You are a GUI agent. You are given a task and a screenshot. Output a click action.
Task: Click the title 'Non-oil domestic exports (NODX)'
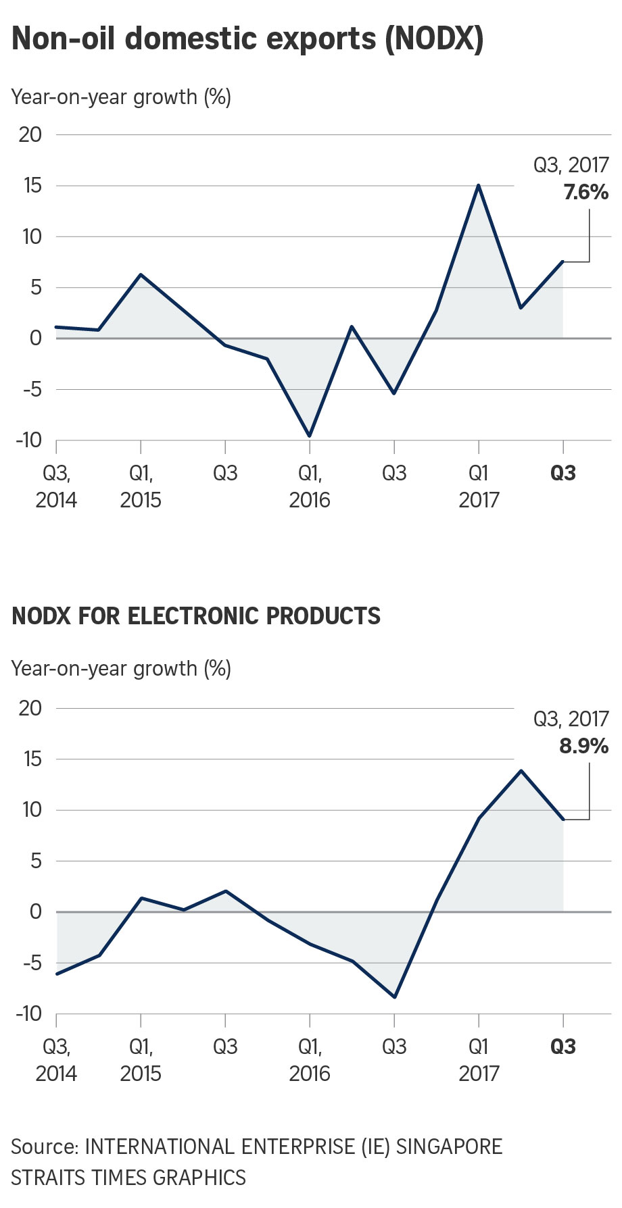[x=247, y=39]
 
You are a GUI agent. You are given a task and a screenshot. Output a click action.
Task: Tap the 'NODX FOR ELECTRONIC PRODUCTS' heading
[x=196, y=616]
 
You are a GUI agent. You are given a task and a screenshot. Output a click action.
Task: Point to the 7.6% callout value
[x=585, y=193]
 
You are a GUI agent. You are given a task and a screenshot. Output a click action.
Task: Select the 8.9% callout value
[x=583, y=746]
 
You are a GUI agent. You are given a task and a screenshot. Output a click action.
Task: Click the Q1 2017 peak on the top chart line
[x=479, y=185]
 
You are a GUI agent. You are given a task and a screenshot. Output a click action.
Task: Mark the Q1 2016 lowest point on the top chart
[x=310, y=436]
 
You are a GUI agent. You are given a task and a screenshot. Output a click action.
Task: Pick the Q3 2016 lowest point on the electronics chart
[x=394, y=997]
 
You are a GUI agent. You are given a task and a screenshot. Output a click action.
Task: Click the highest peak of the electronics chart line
[x=521, y=770]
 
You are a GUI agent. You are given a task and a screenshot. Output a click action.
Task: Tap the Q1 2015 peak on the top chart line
[x=141, y=274]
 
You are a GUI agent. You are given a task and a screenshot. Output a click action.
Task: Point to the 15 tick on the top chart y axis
[x=30, y=186]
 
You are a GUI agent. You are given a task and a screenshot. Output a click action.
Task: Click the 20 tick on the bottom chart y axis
[x=30, y=708]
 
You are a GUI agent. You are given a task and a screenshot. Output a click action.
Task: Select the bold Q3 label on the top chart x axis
[x=563, y=473]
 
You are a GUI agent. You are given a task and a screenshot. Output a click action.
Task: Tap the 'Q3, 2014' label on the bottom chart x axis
[x=56, y=1059]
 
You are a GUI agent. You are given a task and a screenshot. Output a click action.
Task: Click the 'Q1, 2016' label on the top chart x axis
[x=310, y=486]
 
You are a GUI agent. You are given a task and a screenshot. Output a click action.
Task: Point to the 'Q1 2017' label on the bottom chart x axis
[x=479, y=1059]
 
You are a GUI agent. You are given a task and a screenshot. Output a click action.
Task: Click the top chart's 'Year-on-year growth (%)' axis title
[x=121, y=97]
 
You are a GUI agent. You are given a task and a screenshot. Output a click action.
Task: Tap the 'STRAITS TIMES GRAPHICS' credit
[x=128, y=1178]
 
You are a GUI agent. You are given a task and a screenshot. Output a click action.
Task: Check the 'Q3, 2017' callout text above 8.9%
[x=571, y=719]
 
